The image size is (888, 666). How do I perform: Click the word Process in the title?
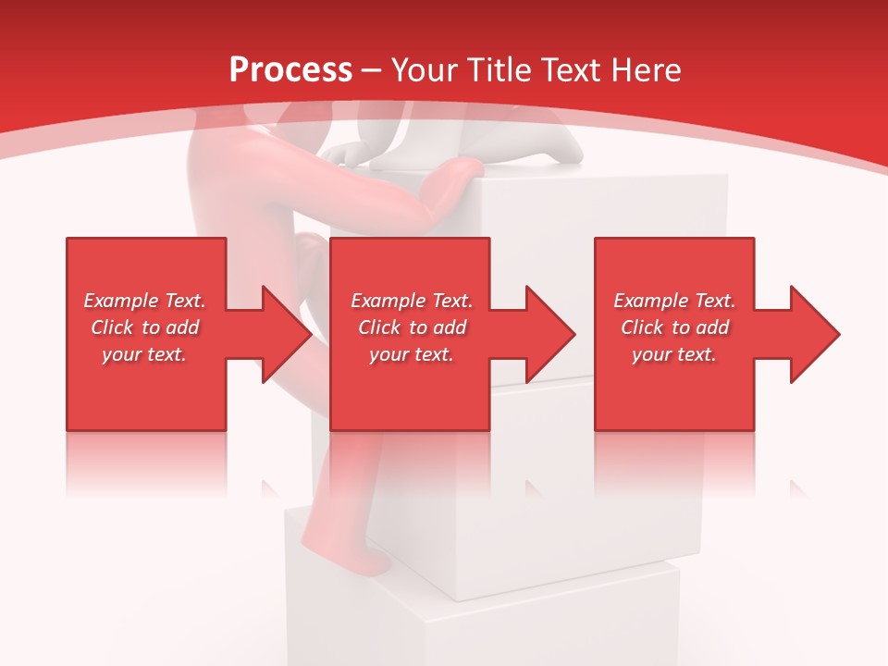click(x=290, y=70)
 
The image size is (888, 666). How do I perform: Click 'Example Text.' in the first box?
click(x=144, y=301)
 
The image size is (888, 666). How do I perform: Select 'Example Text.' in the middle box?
click(x=412, y=301)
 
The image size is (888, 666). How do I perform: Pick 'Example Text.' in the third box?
click(x=674, y=301)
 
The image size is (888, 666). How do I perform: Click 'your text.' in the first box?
click(x=144, y=354)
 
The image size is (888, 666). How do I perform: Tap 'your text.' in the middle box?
click(x=412, y=354)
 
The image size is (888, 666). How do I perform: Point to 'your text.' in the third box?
click(x=674, y=354)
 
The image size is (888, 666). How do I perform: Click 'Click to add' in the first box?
click(x=144, y=327)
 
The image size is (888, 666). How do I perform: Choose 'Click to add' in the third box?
click(x=674, y=327)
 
